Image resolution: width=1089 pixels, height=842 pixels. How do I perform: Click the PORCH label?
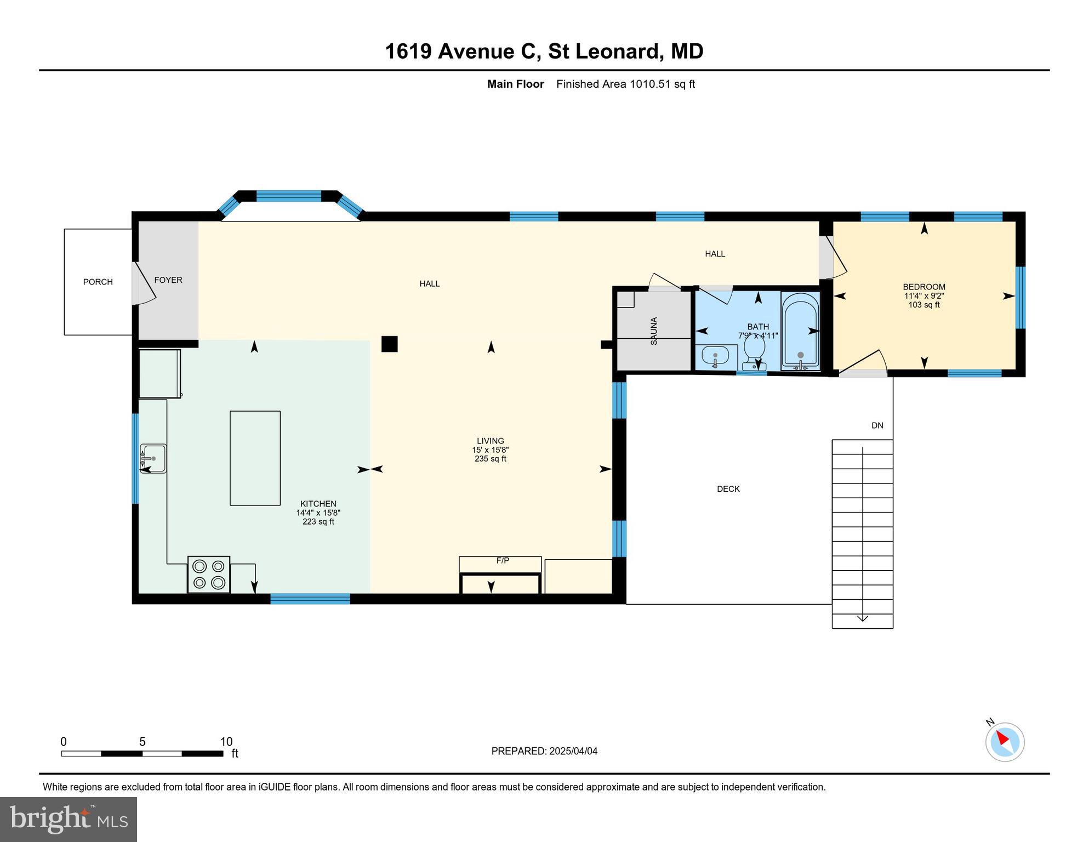[x=98, y=282]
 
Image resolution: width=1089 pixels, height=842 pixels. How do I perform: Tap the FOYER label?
[x=168, y=280]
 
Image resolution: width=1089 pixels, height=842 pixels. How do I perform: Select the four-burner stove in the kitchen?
[x=209, y=574]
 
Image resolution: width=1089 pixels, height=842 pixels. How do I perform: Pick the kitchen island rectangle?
[x=255, y=458]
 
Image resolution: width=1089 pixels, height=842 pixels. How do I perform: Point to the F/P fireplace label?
[x=503, y=561]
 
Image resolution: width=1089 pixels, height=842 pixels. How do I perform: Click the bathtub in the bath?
[x=800, y=331]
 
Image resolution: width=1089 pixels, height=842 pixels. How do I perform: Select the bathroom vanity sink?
[x=715, y=357]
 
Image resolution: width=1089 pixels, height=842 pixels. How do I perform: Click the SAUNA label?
[x=653, y=331]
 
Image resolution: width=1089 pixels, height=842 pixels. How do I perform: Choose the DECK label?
[x=728, y=489]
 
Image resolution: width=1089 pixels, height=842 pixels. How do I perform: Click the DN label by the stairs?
[x=877, y=425]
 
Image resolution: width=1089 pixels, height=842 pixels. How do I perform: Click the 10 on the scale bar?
[x=226, y=742]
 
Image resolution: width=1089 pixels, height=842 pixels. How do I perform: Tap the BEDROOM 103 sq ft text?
[x=923, y=305]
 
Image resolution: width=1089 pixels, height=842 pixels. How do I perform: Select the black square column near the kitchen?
[x=389, y=344]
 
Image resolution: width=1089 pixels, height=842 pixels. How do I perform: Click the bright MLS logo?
[x=69, y=819]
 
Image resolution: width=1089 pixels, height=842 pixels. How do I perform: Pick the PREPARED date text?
[x=544, y=751]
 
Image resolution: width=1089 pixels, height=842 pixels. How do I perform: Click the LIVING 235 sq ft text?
[x=490, y=459]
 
